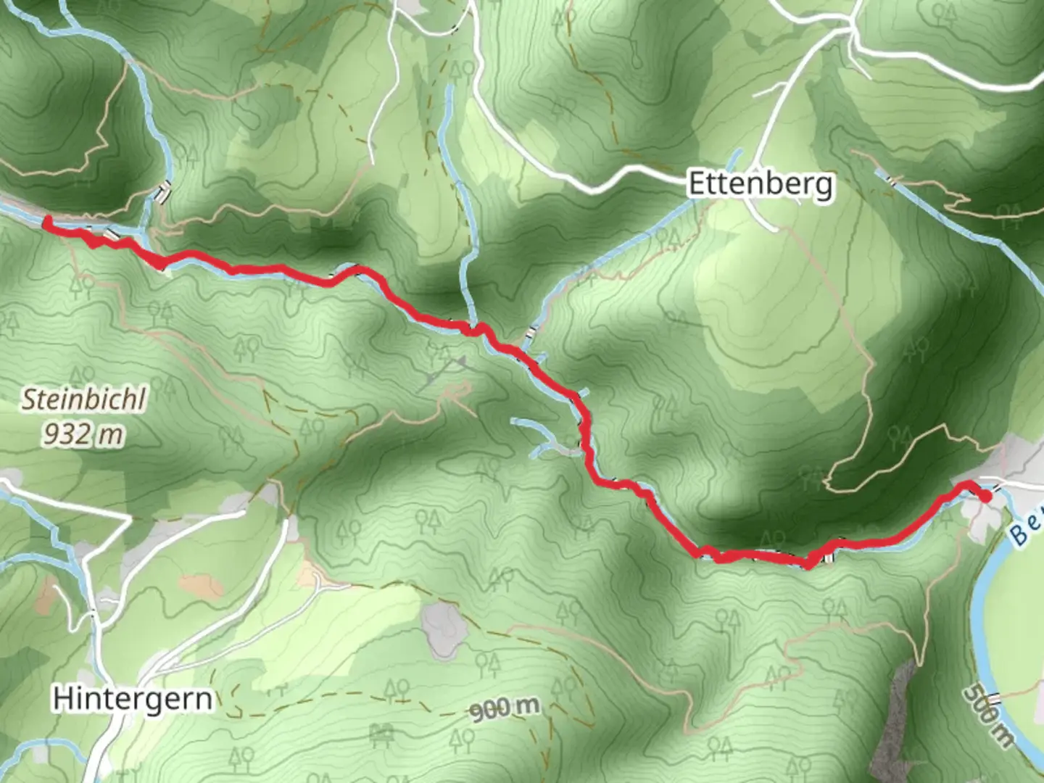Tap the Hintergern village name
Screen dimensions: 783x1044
pyautogui.click(x=133, y=698)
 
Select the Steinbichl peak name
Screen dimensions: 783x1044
pyautogui.click(x=83, y=399)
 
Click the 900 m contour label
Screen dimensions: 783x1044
pyautogui.click(x=505, y=708)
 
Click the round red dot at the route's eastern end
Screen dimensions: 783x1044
pyautogui.click(x=985, y=496)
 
